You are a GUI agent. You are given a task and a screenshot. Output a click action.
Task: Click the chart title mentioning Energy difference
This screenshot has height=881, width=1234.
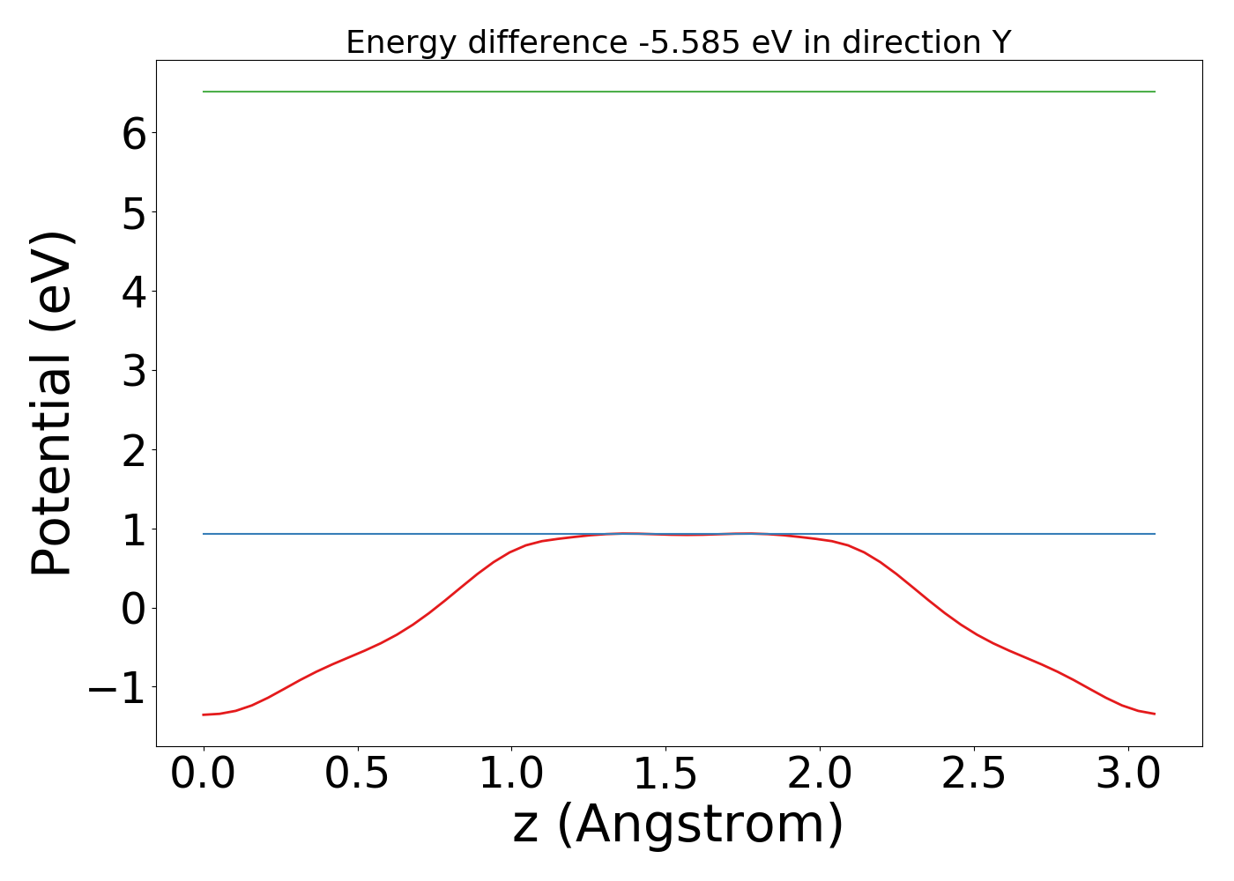[678, 42]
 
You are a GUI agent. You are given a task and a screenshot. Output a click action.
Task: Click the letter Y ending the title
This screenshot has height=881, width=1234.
[1000, 42]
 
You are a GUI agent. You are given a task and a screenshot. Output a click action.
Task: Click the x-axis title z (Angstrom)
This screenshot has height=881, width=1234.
[678, 825]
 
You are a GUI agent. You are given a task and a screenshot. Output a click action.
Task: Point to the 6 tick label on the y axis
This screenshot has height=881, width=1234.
[134, 132]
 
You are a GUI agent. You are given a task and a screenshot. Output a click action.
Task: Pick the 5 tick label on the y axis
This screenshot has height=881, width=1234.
[134, 211]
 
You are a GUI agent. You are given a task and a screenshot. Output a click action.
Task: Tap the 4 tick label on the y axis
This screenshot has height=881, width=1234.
[134, 291]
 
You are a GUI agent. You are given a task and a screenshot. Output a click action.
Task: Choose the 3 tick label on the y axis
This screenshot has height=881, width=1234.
[134, 370]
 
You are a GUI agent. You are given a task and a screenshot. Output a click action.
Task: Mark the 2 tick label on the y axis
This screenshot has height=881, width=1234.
[134, 449]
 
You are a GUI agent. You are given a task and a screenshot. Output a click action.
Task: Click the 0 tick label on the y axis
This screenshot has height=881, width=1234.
[134, 608]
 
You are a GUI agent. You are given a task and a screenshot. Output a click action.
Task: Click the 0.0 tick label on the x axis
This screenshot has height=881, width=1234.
[204, 774]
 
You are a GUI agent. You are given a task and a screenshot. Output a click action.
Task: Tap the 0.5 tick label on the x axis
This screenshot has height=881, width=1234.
[358, 774]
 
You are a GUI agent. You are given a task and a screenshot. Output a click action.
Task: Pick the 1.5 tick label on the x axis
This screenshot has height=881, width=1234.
[665, 774]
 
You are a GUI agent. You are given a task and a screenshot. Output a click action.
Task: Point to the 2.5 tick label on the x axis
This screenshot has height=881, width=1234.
[974, 774]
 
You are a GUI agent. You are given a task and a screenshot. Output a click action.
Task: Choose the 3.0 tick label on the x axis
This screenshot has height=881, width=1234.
[1128, 774]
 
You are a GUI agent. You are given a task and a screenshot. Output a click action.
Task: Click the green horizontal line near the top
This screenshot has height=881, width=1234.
[679, 92]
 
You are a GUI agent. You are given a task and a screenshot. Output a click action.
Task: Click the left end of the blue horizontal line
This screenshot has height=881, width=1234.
[205, 534]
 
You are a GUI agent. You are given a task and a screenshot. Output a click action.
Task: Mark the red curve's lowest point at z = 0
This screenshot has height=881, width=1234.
[204, 714]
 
